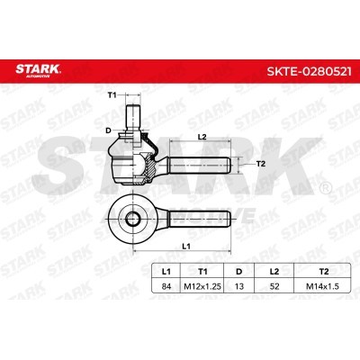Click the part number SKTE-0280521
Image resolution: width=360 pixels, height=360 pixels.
309,72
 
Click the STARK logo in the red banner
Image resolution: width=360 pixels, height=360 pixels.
38,70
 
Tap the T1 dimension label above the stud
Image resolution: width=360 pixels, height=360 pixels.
112,95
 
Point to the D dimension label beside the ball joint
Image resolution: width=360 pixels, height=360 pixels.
108,130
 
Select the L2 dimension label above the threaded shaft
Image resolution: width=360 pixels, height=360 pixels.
202,137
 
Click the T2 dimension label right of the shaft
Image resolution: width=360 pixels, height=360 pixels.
261,164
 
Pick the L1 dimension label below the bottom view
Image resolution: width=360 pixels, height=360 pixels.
186,247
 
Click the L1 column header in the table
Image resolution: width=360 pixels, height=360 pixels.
166,272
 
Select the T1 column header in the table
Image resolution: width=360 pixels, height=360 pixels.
202,272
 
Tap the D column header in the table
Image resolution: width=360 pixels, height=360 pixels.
238,272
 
